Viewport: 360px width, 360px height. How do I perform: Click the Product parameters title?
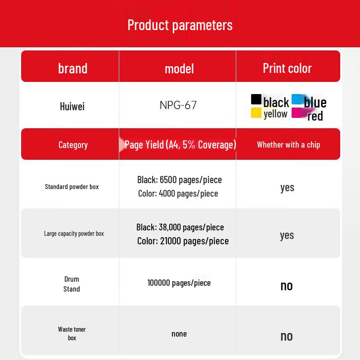coord(180,25)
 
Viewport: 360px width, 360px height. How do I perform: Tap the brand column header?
coord(72,68)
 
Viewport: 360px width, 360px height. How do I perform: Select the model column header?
coord(179,69)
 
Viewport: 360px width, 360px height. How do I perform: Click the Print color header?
coord(287,68)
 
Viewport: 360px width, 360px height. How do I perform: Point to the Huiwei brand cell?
coord(72,106)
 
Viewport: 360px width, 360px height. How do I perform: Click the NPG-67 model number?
coord(178,105)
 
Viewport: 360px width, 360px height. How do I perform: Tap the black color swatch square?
coord(256,99)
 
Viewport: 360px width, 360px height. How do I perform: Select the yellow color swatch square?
coord(256,113)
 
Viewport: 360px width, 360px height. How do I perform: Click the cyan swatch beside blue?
coord(297,99)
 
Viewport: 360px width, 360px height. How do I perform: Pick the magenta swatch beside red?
coord(297,113)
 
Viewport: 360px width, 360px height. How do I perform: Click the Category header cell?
coord(73,145)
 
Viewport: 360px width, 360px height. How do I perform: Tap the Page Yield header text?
coord(180,144)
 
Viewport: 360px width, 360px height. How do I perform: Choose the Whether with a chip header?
coord(288,144)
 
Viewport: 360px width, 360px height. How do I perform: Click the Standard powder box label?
coord(72,187)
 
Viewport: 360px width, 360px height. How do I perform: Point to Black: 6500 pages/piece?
coord(180,180)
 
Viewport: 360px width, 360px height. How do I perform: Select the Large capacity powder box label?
coord(74,234)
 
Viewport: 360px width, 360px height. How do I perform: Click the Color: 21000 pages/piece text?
coord(183,241)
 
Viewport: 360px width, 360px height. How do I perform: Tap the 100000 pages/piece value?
coord(179,283)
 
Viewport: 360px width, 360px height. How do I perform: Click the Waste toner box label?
coord(72,333)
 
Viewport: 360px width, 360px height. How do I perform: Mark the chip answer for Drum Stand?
coord(287,286)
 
